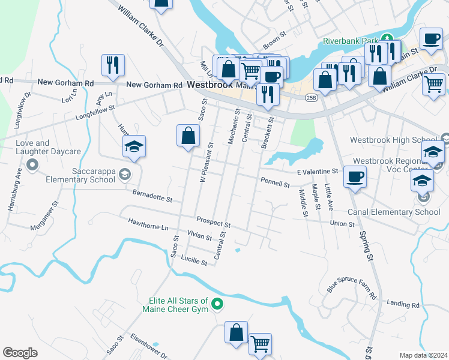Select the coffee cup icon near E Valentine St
[x=355, y=177]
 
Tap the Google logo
[x=20, y=353]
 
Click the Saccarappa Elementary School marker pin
[x=125, y=175]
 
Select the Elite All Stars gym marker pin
[x=218, y=305]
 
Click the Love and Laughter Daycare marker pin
[x=32, y=164]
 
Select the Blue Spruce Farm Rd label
[x=352, y=287]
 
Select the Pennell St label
[x=275, y=181]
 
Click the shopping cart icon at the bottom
[x=260, y=344]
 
